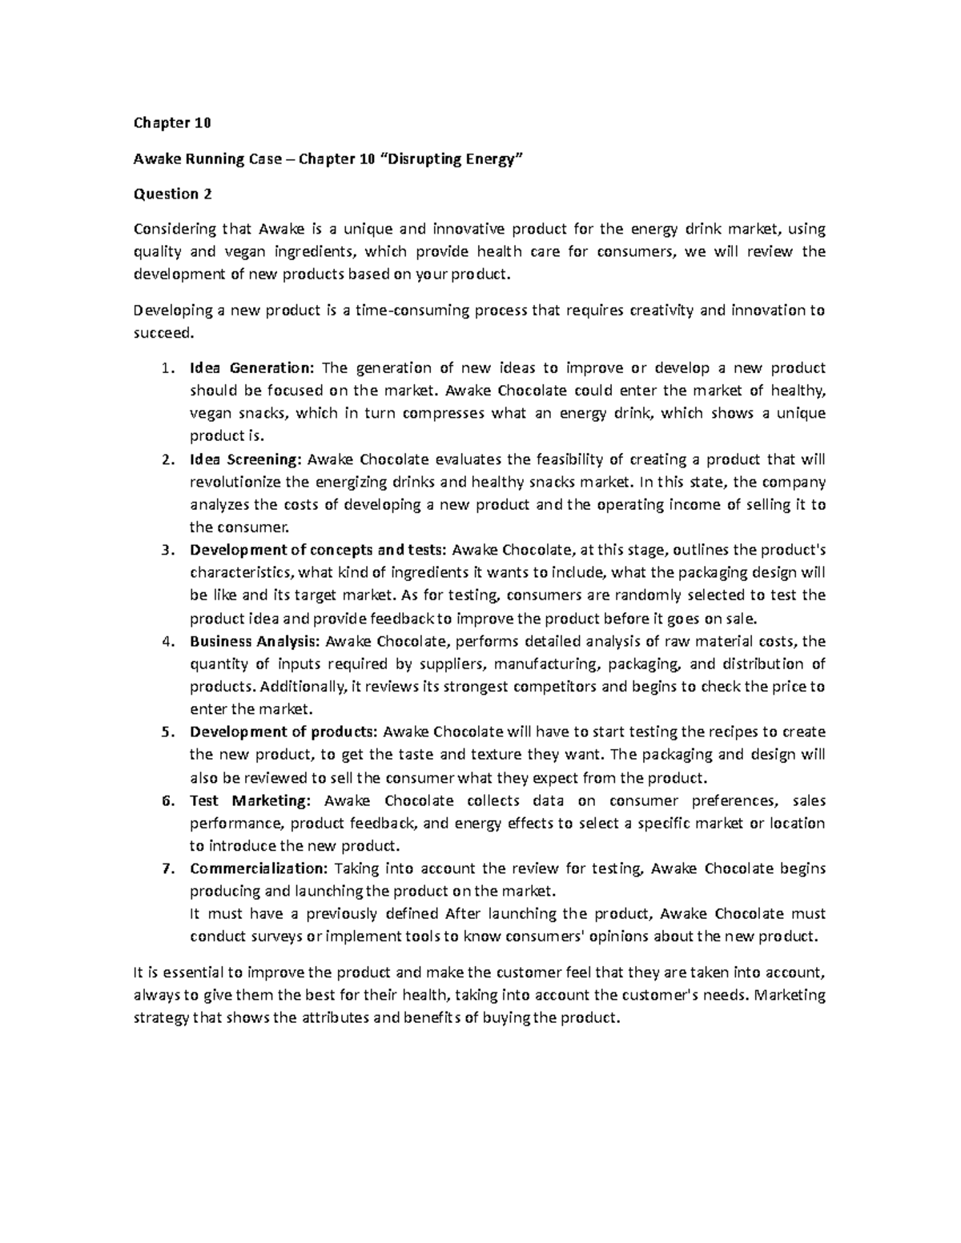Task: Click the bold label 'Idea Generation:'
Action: pos(253,368)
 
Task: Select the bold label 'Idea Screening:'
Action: pos(245,459)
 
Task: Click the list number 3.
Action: pos(166,550)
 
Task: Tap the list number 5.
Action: pos(166,732)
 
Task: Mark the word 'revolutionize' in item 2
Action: pos(228,482)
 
